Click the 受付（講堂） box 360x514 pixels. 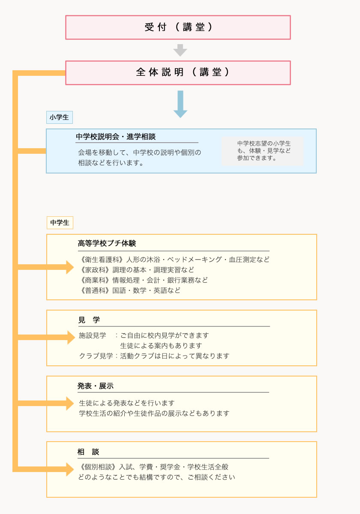tap(178, 27)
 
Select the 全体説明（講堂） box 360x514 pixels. tap(178, 73)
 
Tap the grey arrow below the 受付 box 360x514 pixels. tap(180, 50)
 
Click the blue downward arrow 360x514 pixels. tap(180, 104)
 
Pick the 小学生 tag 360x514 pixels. tap(60, 117)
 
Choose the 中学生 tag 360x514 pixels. tap(60, 223)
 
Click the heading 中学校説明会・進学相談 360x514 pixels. tap(116, 137)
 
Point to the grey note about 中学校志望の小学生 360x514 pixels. tap(262, 151)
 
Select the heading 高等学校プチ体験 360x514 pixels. tap(107, 243)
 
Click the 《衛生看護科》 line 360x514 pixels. tap(174, 260)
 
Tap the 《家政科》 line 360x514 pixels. tap(136, 270)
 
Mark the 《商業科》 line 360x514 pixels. tap(143, 280)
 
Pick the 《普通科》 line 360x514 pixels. tap(129, 290)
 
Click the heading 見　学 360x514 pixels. tap(89, 320)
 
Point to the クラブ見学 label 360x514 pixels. tap(96, 356)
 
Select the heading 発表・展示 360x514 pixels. tap(96, 386)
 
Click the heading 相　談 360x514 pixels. tap(88, 452)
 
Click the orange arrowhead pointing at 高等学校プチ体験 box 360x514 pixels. tap(70, 267)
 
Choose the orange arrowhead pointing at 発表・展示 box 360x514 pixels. tap(70, 403)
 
